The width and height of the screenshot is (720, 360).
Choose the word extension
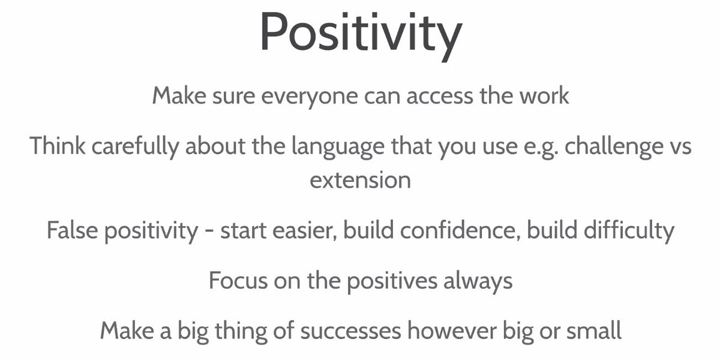pyautogui.click(x=360, y=180)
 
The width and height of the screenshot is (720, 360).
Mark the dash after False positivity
pyautogui.click(x=209, y=232)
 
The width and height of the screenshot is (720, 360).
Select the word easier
pyautogui.click(x=302, y=230)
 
